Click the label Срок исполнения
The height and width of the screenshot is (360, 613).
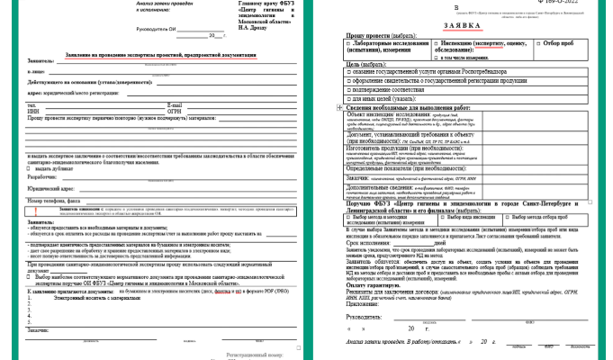tap(371, 243)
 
